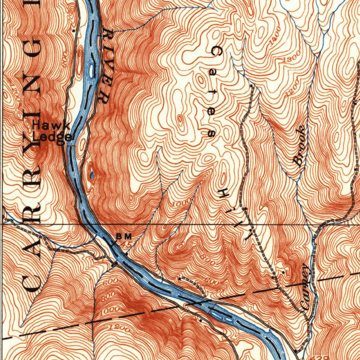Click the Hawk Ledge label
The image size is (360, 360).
[52, 131]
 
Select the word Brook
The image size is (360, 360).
[300, 147]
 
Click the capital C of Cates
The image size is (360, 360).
[217, 52]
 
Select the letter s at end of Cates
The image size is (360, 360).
[212, 133]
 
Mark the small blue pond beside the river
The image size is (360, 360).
[92, 174]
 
